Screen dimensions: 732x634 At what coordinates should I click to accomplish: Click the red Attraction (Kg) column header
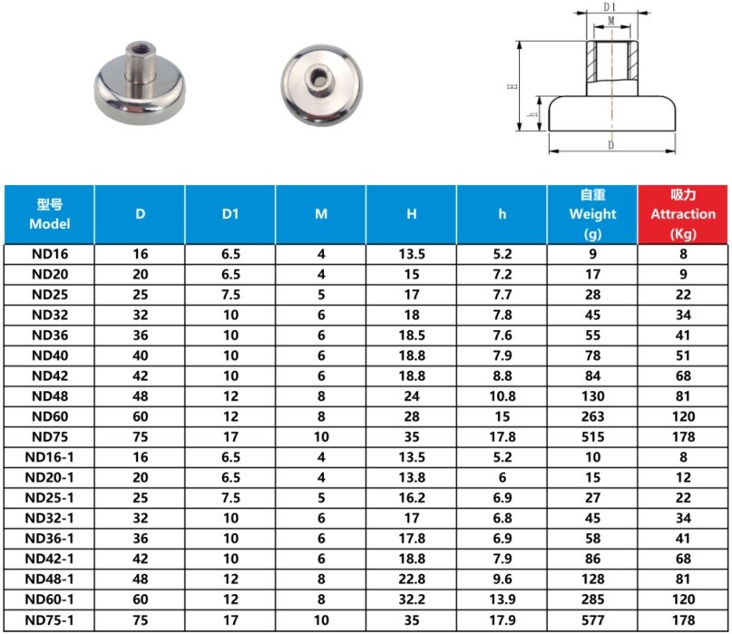point(683,214)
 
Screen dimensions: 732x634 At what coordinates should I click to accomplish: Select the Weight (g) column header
point(592,214)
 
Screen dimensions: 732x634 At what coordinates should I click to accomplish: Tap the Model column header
point(50,214)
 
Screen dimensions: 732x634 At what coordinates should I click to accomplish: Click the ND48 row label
point(50,396)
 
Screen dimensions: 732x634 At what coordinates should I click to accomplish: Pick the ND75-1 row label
point(50,620)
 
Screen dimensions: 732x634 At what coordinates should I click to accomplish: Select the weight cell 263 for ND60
point(592,416)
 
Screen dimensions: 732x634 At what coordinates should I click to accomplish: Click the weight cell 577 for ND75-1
point(592,620)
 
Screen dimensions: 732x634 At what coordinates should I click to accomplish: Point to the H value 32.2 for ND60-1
point(411,600)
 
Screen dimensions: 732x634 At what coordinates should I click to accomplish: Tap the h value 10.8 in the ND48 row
point(502,396)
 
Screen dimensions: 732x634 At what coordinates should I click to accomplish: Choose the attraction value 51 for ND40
point(683,356)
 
